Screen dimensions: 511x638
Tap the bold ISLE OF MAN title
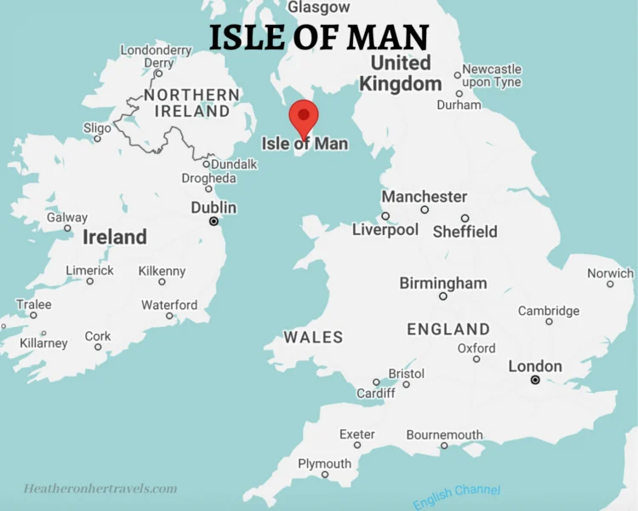pyautogui.click(x=319, y=37)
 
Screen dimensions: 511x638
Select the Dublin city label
pyautogui.click(x=214, y=207)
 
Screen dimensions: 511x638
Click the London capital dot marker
pyautogui.click(x=535, y=380)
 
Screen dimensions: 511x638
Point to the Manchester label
pyautogui.click(x=424, y=196)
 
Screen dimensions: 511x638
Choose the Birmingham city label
pyautogui.click(x=443, y=283)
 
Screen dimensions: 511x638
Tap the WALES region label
pyautogui.click(x=313, y=337)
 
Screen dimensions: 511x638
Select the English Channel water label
pyautogui.click(x=457, y=497)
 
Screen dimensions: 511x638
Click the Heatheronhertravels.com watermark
pyautogui.click(x=100, y=489)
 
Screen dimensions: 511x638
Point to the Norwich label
pyautogui.click(x=610, y=273)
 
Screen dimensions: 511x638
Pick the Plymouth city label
pyautogui.click(x=324, y=463)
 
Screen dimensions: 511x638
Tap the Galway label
pyautogui.click(x=66, y=217)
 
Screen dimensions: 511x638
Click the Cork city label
pyautogui.click(x=98, y=336)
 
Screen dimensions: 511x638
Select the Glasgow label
pyautogui.click(x=318, y=7)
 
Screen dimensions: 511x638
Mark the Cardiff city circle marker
pyautogui.click(x=376, y=382)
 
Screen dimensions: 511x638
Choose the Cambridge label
pyautogui.click(x=549, y=311)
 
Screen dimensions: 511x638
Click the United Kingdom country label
pyautogui.click(x=401, y=73)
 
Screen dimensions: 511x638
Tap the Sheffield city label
pyautogui.click(x=464, y=231)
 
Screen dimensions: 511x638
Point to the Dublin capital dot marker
pyautogui.click(x=214, y=221)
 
